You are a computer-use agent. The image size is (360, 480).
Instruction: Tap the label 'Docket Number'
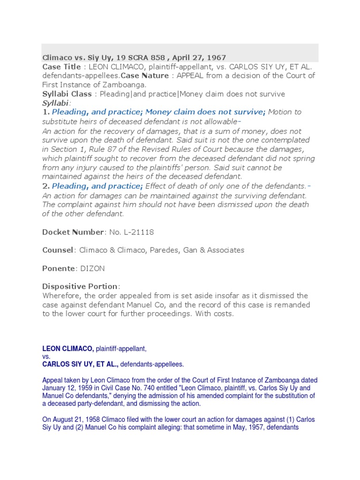pos(73,232)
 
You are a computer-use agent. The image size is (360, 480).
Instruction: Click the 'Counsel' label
pos(58,250)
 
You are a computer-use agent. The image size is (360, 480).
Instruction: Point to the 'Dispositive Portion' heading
pos(81,286)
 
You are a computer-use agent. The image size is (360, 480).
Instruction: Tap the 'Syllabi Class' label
pos(67,94)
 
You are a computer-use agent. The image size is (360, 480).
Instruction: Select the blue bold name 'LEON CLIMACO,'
pos(68,349)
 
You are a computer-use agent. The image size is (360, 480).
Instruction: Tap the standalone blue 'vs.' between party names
pos(46,356)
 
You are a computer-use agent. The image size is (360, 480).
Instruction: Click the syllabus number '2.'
pos(46,186)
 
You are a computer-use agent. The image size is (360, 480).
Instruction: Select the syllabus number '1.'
pos(46,112)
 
